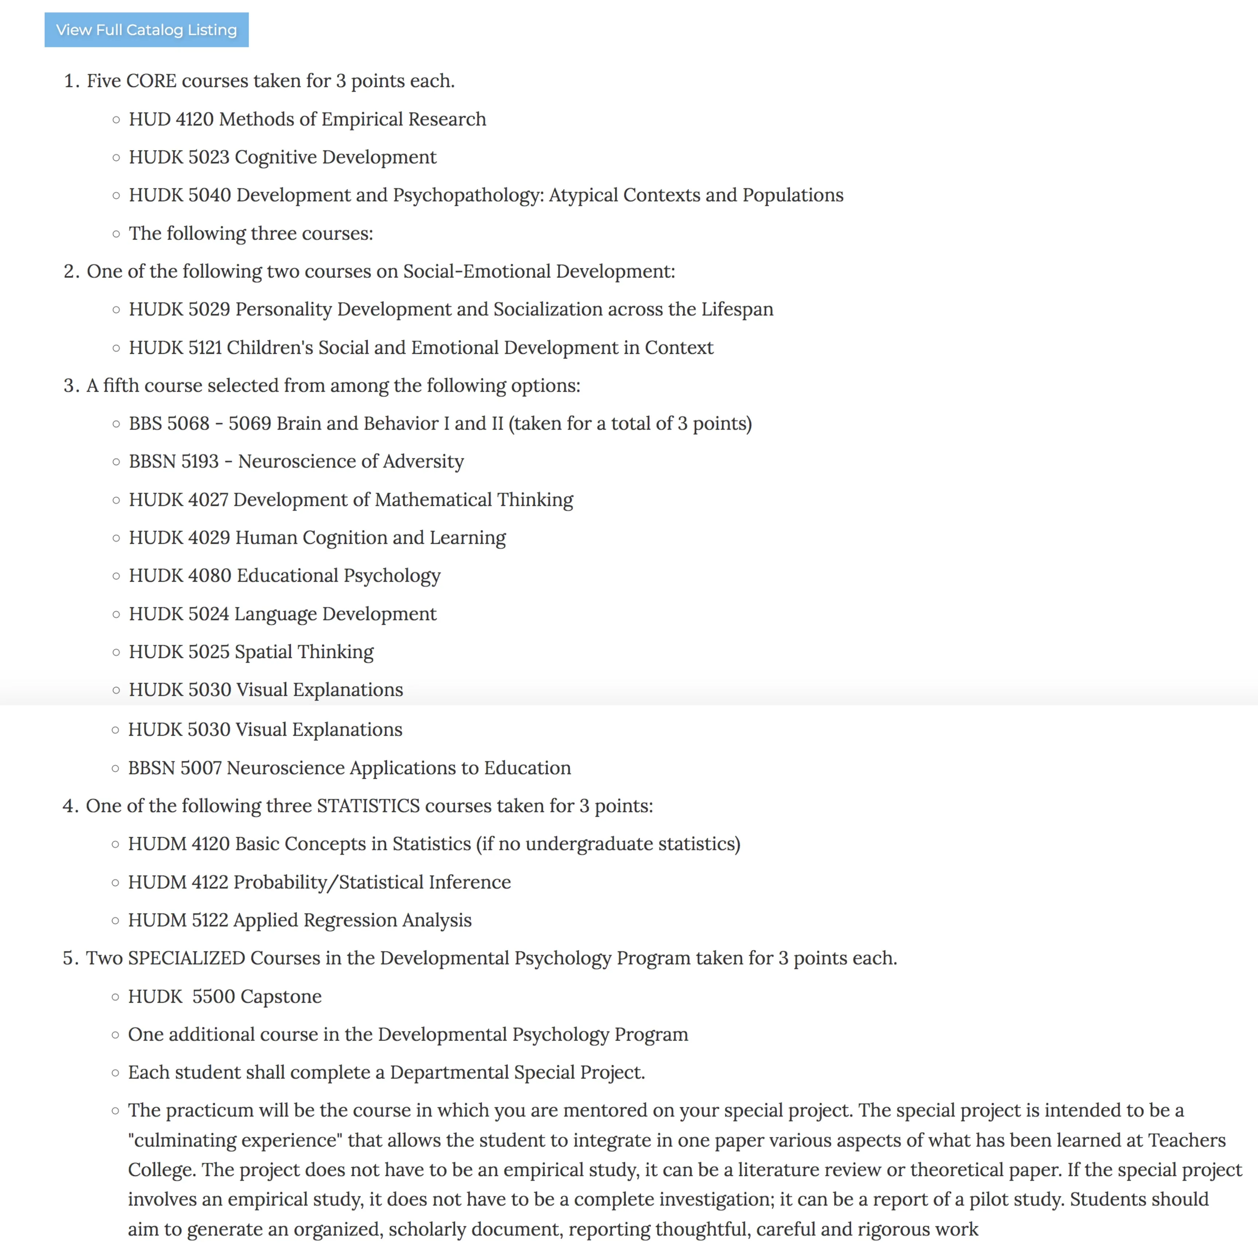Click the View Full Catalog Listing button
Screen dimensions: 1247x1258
146,30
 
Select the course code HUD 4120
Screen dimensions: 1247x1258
171,119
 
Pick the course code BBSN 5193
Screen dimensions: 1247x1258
173,462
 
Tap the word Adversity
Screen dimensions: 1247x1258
423,462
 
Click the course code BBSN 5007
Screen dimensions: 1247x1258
174,768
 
